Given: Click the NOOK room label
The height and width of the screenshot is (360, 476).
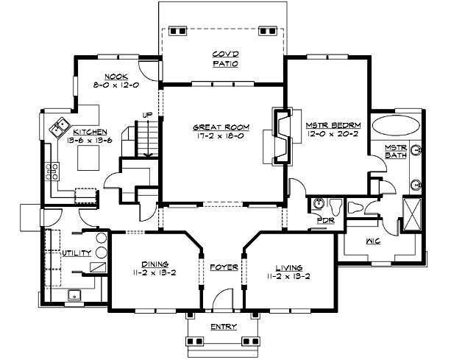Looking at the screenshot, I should pos(116,77).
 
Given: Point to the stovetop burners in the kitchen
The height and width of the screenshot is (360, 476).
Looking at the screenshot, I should pos(54,173).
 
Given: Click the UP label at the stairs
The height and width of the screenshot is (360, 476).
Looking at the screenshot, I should pos(147,116).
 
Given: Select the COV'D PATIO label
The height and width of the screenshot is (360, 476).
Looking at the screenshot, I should pos(223,58).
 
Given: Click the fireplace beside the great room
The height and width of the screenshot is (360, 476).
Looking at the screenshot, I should pos(282,136).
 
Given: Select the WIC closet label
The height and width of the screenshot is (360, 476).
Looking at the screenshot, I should pos(372,240).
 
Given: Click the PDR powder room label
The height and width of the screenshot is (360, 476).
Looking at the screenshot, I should pos(325,220).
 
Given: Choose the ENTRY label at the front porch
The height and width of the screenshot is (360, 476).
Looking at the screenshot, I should pos(222,326).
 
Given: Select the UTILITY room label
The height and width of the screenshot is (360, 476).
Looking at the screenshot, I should pos(77,253).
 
